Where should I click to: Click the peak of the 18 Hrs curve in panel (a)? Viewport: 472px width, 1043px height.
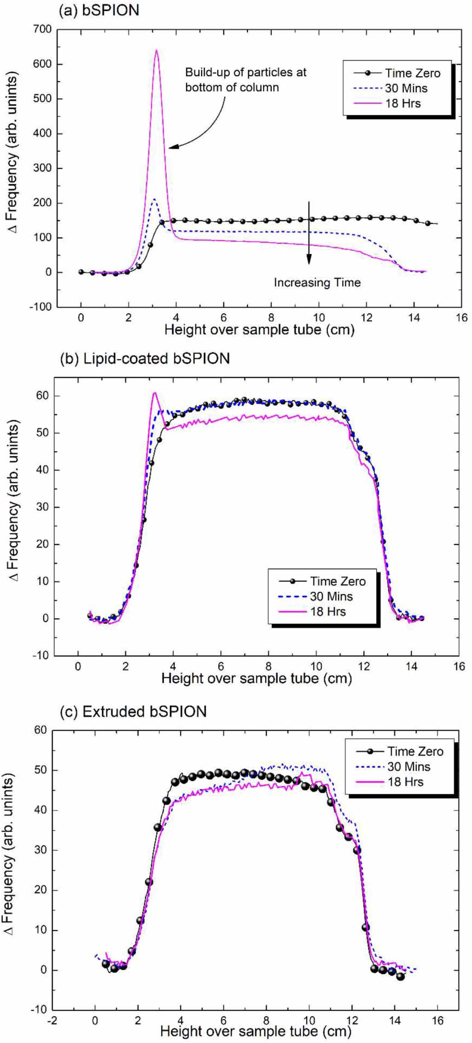point(156,50)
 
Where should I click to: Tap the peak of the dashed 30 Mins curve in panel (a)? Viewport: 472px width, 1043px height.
point(154,199)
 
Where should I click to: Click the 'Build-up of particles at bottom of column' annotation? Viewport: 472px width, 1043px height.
point(245,80)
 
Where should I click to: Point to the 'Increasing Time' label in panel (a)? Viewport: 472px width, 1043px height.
point(317,282)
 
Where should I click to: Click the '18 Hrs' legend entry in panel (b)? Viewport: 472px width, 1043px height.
point(327,611)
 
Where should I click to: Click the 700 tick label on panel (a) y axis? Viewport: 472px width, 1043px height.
point(42,29)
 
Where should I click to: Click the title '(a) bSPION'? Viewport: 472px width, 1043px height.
point(99,11)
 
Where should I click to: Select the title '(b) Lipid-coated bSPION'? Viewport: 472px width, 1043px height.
point(145,358)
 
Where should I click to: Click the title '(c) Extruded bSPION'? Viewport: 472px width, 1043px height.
point(133,711)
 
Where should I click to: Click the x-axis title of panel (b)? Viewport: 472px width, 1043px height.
point(256,679)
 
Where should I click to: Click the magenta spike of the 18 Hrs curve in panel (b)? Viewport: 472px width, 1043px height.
point(155,393)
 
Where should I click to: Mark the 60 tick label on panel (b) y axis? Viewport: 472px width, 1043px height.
point(42,396)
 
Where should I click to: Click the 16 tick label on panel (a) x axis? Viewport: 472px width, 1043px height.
point(461,317)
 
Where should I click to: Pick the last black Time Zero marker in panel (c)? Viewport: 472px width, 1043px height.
point(400,976)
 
